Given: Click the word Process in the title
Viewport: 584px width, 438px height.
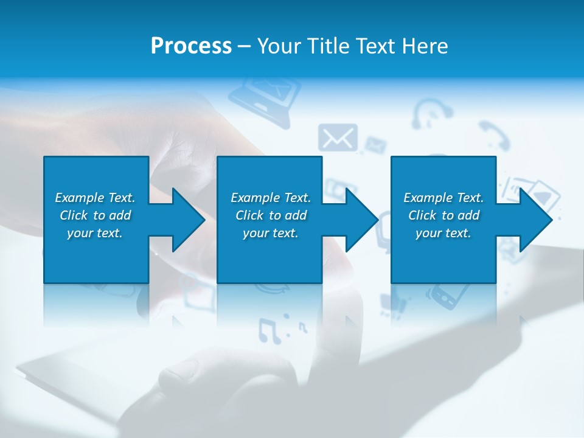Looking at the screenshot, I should click(191, 46).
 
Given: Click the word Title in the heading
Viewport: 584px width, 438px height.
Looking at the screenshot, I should click(328, 46).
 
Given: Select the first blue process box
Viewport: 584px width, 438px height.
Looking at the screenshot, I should click(96, 255).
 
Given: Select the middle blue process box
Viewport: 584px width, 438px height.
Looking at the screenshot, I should click(269, 255).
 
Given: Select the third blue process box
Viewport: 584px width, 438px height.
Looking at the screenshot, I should click(443, 255).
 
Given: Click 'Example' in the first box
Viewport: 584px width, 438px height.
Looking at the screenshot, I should click(80, 198).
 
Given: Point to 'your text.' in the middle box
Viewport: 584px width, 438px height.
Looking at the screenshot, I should click(270, 233).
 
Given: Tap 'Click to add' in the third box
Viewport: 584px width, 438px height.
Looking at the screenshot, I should click(443, 215).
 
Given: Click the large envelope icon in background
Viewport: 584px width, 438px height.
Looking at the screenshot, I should click(337, 138).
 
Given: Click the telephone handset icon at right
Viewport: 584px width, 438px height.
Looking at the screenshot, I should click(493, 135).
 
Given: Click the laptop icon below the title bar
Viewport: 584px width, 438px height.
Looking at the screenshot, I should click(265, 97).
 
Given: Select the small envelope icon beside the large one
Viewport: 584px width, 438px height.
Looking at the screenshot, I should click(375, 145).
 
